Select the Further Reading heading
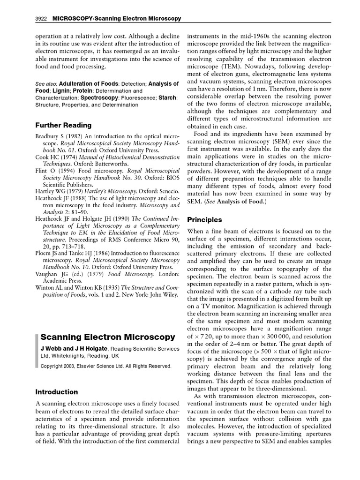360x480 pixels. [x=64, y=126]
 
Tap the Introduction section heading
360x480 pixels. [x=57, y=392]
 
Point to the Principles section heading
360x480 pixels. [x=204, y=219]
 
